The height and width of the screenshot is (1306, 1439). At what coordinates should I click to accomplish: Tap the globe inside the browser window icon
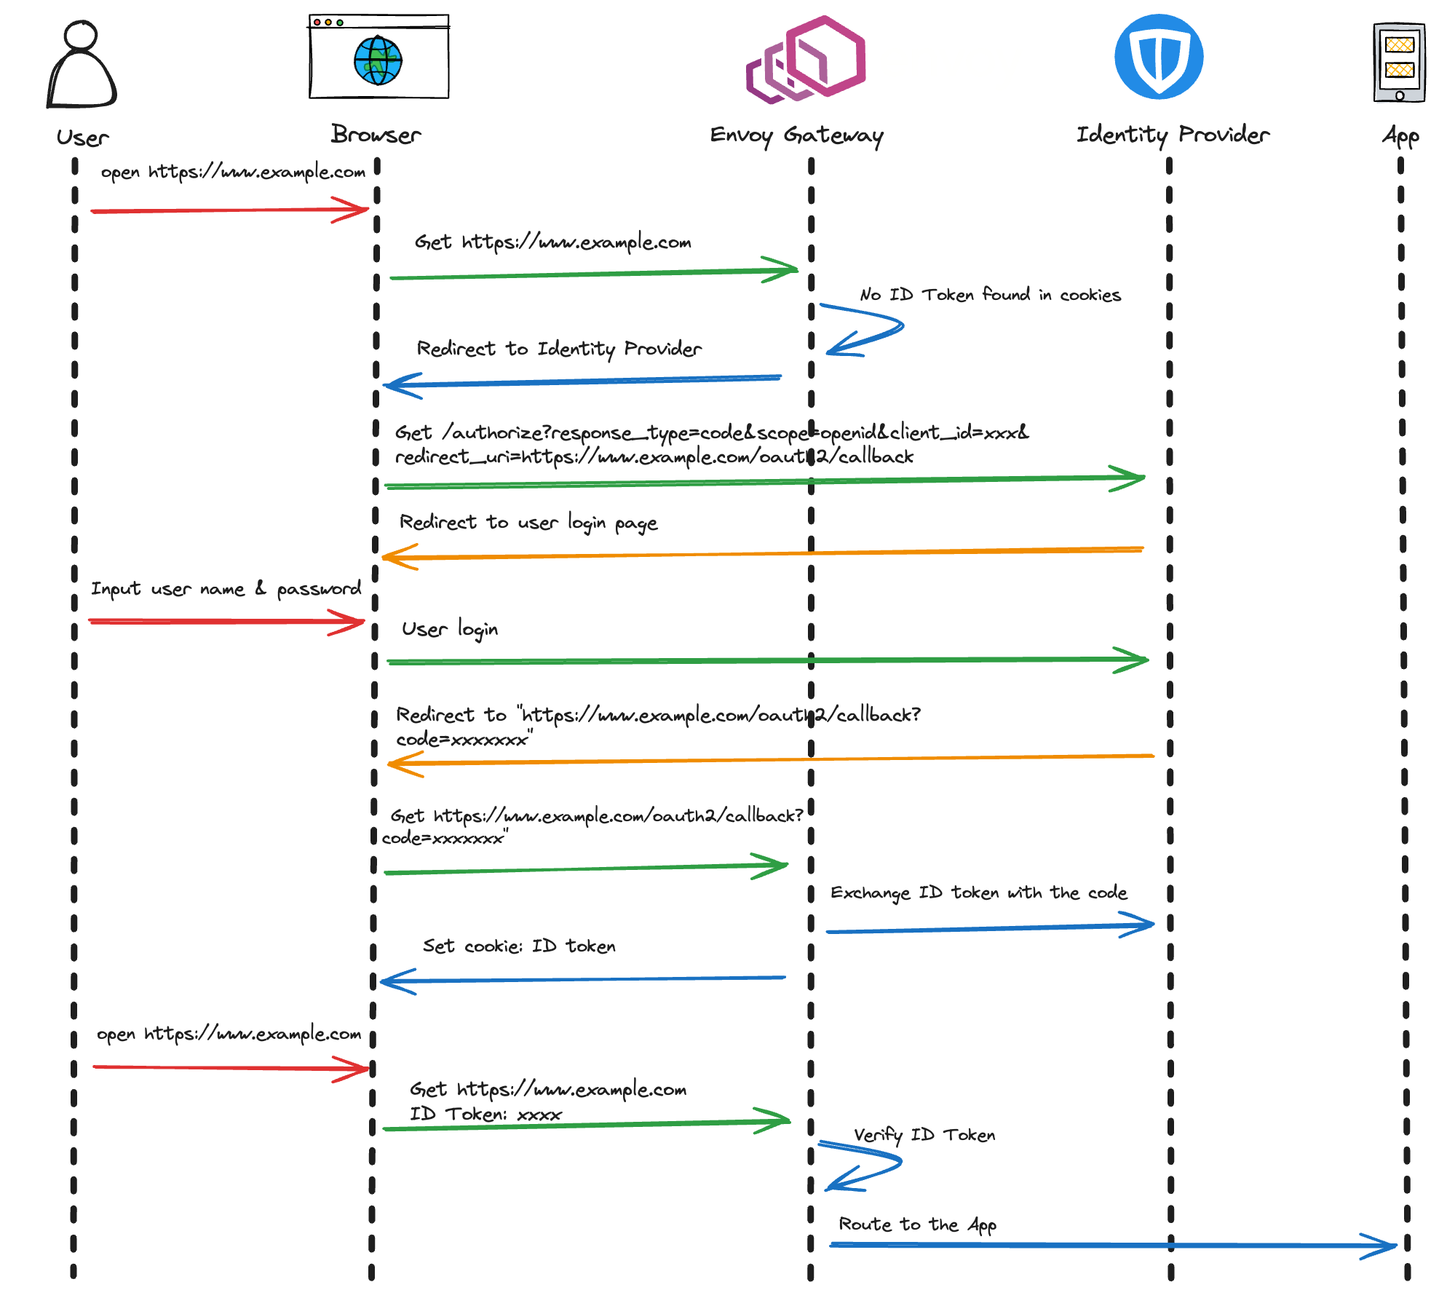(378, 60)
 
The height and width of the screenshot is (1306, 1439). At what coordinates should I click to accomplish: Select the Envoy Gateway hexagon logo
(806, 60)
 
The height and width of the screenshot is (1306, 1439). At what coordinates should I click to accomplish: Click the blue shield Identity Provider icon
(1159, 56)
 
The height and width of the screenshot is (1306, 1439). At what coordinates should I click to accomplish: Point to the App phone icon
(1399, 63)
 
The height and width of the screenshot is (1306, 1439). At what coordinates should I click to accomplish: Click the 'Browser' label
(376, 134)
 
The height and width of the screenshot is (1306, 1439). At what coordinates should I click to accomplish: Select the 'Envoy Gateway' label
(797, 135)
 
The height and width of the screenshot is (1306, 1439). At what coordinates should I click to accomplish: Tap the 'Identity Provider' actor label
(1173, 135)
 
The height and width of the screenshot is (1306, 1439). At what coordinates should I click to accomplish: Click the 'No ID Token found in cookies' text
(991, 294)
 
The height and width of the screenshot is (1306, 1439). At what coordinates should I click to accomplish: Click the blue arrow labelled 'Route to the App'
(1113, 1245)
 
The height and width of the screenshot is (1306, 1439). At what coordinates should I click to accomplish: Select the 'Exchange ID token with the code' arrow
(991, 928)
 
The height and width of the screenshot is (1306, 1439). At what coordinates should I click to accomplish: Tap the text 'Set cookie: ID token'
(519, 946)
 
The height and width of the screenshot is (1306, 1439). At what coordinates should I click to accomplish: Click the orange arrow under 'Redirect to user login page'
(762, 553)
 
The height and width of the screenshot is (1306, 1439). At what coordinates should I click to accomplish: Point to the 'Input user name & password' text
(226, 588)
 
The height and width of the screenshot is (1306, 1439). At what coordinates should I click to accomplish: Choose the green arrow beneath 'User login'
(768, 660)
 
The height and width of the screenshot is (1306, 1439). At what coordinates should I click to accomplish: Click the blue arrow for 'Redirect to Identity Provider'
(582, 381)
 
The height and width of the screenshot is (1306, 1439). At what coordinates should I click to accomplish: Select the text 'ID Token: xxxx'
(485, 1114)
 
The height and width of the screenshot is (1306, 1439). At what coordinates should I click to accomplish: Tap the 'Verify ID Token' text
(924, 1135)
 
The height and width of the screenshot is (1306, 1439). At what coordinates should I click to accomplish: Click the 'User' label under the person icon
(83, 138)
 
